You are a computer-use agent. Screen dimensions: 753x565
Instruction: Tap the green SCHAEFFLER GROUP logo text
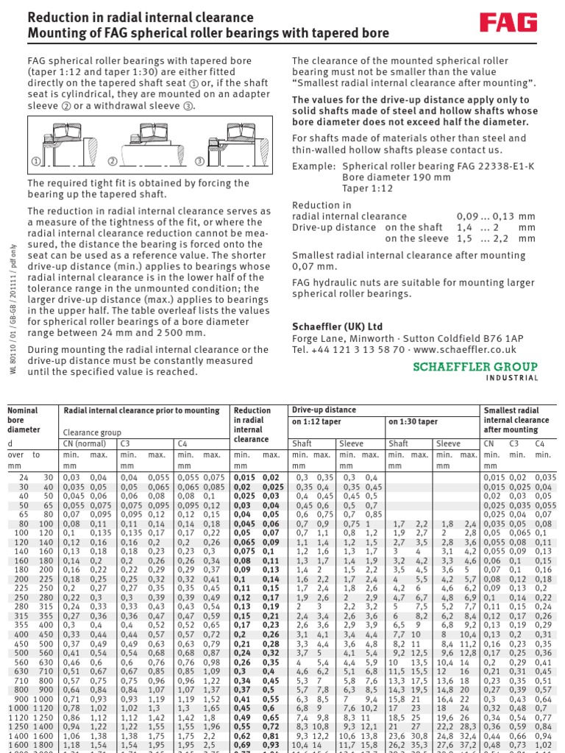pyautogui.click(x=476, y=365)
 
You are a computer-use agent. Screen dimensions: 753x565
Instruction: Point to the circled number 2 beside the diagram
pyautogui.click(x=112, y=161)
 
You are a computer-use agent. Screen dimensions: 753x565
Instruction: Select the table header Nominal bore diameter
pyautogui.click(x=26, y=420)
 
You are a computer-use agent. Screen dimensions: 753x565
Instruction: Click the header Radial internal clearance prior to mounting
pyautogui.click(x=141, y=410)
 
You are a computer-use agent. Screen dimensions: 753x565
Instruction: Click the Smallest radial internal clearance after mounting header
pyautogui.click(x=515, y=420)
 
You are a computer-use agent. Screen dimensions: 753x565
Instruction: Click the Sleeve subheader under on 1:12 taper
pyautogui.click(x=350, y=443)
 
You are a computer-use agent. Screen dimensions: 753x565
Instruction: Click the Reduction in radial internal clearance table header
pyautogui.click(x=251, y=424)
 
